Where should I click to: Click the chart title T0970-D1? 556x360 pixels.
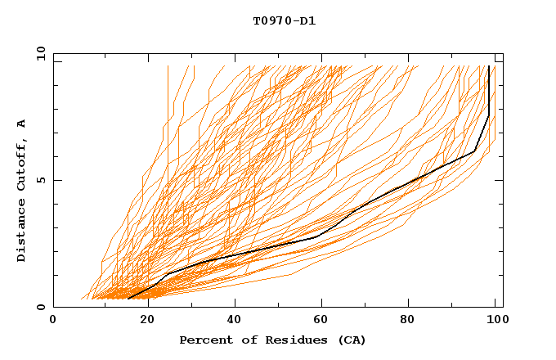click(284, 21)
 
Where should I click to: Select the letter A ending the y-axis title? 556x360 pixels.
click(22, 123)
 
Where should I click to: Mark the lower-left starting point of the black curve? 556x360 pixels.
click(128, 299)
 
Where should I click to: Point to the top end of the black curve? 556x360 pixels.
click(489, 66)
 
